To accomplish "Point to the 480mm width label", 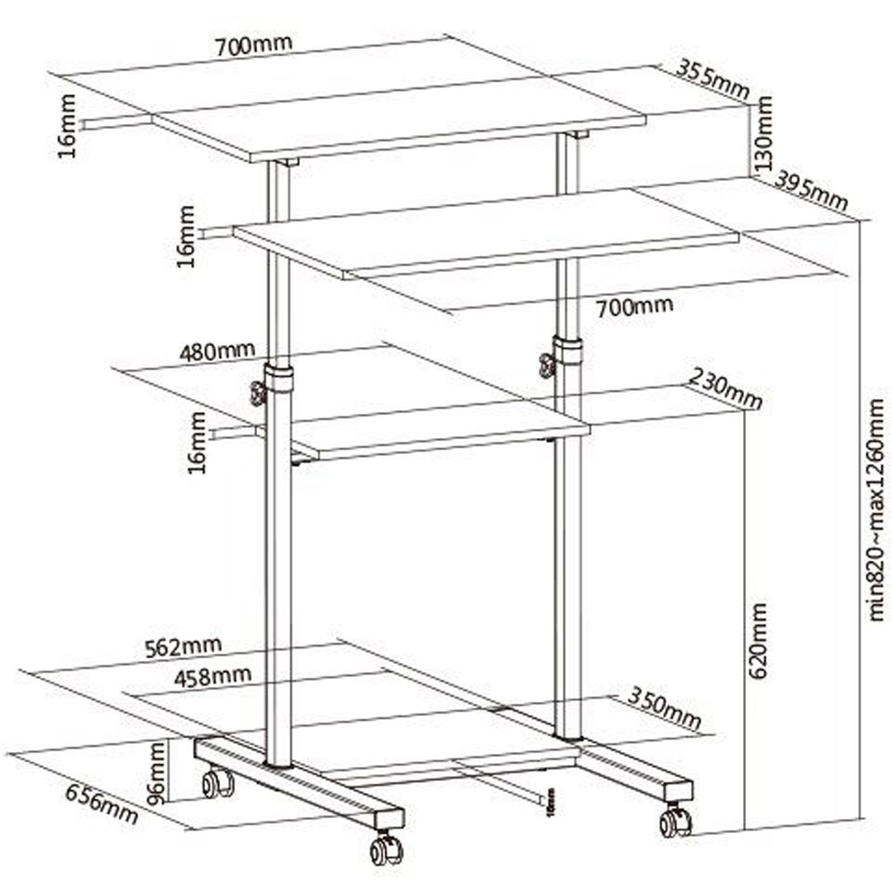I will tap(217, 351).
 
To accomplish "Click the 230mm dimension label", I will tap(724, 392).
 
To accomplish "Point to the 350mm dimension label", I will tap(664, 706).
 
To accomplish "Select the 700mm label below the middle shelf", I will tap(634, 308).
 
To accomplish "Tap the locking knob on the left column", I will tap(259, 392).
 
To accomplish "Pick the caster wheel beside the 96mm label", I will tap(217, 784).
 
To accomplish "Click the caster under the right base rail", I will tap(675, 822).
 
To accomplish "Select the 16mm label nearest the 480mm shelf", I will tap(197, 442).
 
